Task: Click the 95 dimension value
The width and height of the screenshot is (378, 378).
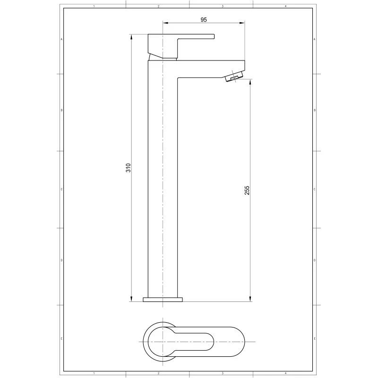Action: (204, 19)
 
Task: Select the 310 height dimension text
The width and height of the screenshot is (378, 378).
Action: (128, 167)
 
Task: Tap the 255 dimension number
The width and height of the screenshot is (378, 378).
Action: (247, 190)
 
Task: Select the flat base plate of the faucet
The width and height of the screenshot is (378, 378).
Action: (163, 299)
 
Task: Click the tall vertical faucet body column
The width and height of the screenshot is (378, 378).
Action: (163, 189)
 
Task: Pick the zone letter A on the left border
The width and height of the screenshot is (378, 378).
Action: (61, 39)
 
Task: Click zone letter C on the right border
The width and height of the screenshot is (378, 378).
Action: (315, 189)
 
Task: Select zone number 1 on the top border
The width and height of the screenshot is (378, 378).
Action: (94, 6)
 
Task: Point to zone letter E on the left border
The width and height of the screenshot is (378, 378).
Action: (61, 339)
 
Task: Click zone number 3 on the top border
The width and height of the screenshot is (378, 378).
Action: (222, 6)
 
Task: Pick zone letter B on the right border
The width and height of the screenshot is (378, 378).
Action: (315, 110)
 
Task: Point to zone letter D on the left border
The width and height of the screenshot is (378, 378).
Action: (61, 260)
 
